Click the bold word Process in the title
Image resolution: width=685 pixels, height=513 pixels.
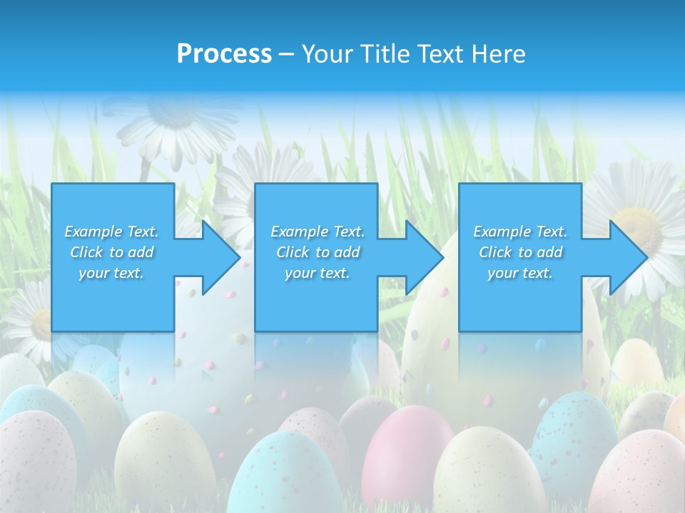click(x=224, y=53)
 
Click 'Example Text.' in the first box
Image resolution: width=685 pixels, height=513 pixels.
click(x=111, y=232)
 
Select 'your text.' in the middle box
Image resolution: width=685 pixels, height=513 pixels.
click(x=318, y=273)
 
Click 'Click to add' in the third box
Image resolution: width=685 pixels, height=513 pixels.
click(x=521, y=252)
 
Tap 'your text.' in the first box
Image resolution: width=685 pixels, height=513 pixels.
click(x=111, y=273)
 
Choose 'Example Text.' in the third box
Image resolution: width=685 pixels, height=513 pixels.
click(x=520, y=232)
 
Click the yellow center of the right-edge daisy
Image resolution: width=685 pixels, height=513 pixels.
click(x=640, y=227)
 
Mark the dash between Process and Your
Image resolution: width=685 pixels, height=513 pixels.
click(x=287, y=55)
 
